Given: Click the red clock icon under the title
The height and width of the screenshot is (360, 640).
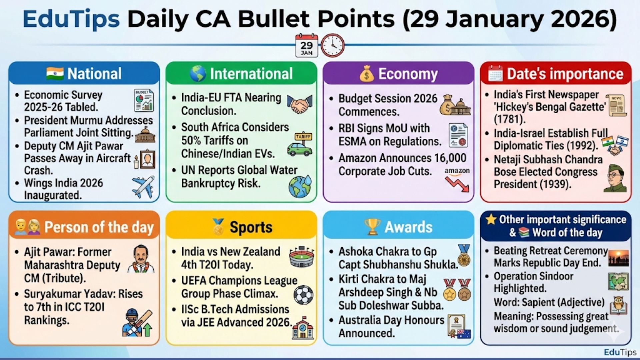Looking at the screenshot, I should [332, 45].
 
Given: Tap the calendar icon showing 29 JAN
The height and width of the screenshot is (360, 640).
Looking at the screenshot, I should [307, 45].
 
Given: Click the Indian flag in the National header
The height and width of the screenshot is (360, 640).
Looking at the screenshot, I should [55, 73].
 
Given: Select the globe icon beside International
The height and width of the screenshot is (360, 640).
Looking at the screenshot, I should [198, 74].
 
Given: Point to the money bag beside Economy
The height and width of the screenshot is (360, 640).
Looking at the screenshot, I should [367, 74].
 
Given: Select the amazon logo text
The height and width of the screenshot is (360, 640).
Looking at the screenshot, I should [457, 171].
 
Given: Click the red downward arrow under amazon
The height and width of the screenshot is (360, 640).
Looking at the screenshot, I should [457, 184].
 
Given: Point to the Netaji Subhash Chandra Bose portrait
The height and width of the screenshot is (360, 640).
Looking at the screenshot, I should [615, 178].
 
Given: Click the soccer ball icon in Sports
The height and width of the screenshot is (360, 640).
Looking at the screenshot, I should [303, 295].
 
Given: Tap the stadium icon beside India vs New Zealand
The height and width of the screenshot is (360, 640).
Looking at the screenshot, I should [301, 257].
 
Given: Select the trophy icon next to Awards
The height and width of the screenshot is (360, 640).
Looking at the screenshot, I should [372, 227].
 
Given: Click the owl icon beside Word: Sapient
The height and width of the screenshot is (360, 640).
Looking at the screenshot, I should [618, 305].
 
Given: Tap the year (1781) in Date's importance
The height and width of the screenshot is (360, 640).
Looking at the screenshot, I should [510, 119].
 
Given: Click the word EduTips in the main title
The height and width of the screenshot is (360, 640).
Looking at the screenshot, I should [71, 19].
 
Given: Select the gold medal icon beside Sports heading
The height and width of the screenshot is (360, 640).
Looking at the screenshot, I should [219, 227].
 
